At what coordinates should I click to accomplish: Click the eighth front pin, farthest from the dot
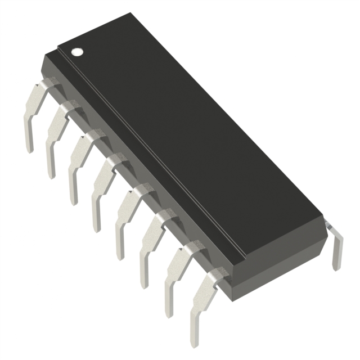point(200,301)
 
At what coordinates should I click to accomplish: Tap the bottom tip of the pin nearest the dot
point(29,149)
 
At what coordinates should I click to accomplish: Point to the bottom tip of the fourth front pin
point(96,228)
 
